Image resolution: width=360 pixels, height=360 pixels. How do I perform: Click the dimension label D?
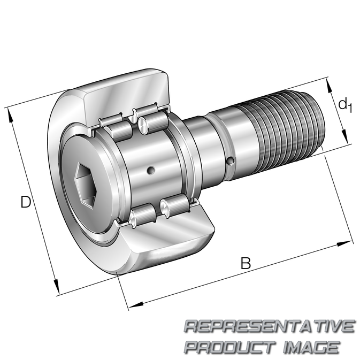(26, 202)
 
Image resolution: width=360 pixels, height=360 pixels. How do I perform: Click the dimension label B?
(246, 263)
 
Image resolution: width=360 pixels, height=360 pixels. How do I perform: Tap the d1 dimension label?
(345, 105)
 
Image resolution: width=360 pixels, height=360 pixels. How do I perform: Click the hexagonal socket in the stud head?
(85, 186)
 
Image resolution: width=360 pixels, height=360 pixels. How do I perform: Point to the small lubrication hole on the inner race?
(151, 170)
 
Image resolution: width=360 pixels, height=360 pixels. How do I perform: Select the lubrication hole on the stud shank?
(230, 161)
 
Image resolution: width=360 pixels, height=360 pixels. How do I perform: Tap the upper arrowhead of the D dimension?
(10, 115)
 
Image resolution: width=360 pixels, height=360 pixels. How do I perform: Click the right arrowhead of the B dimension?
(344, 243)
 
